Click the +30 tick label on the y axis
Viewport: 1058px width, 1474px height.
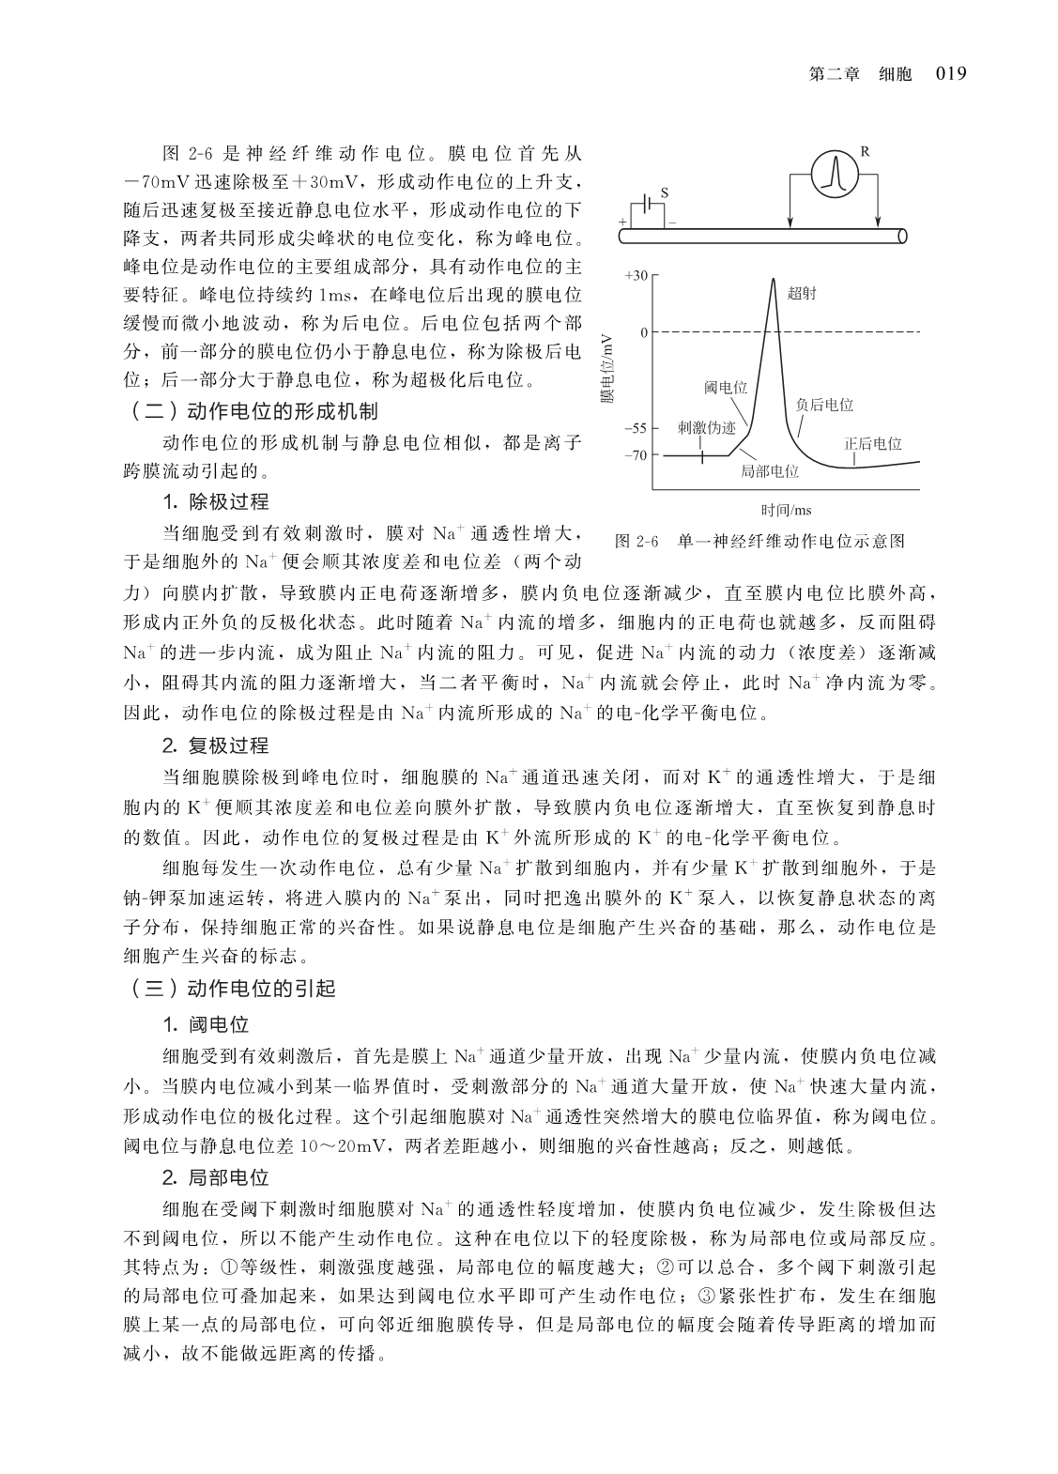[636, 275]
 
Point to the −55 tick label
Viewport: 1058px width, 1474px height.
[636, 428]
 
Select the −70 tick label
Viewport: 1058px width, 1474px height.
[636, 455]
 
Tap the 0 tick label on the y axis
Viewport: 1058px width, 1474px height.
[644, 332]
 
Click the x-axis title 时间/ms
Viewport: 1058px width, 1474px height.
[786, 510]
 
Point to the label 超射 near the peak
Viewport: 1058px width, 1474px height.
[803, 293]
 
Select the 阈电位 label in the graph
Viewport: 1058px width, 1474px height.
[726, 387]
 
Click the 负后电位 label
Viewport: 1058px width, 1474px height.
[824, 405]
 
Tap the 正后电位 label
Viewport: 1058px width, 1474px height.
[872, 443]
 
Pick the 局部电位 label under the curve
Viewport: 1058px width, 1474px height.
[770, 471]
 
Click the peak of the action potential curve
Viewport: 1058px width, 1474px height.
[773, 280]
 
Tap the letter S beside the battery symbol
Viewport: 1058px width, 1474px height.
[665, 192]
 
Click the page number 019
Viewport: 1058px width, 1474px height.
[950, 74]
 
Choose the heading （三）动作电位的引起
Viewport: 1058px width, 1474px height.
[230, 989]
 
